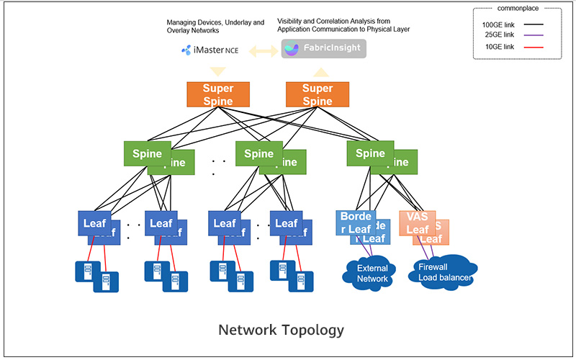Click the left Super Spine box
pyautogui.click(x=218, y=94)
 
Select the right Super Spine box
pyautogui.click(x=317, y=94)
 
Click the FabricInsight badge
pyautogui.click(x=323, y=50)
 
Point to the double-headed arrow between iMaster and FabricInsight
pyautogui.click(x=263, y=50)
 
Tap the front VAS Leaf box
pyautogui.click(x=417, y=223)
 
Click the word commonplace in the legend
pyautogui.click(x=515, y=9)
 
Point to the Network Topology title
pyautogui.click(x=281, y=330)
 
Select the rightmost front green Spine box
pyautogui.click(x=370, y=153)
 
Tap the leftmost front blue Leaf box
pyautogui.click(x=94, y=223)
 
